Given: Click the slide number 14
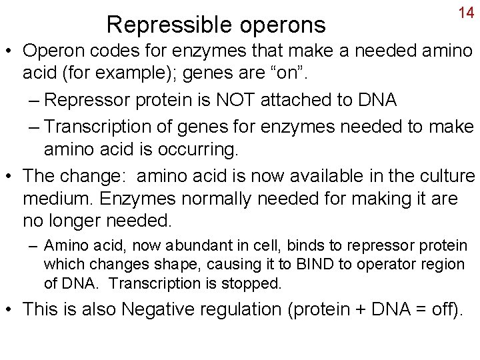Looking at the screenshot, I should tap(466, 13).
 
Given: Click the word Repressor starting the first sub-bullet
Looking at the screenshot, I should tap(96, 100).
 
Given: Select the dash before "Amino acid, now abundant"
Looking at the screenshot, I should tap(33, 245).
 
